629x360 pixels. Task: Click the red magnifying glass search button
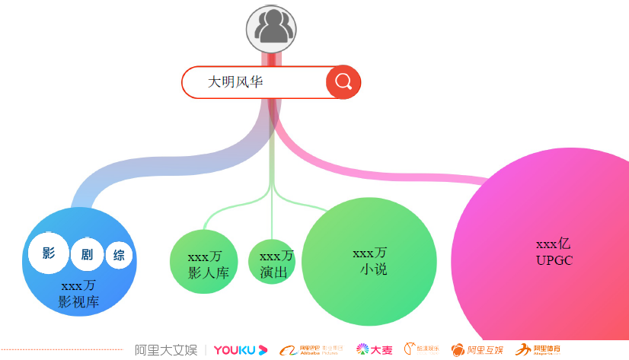point(343,82)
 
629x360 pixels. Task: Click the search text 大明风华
point(236,81)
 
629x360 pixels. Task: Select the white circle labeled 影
point(49,253)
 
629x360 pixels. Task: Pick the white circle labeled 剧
point(86,255)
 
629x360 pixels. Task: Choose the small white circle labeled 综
point(119,256)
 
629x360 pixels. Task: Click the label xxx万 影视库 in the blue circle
point(78,294)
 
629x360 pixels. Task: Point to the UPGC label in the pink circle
point(554,260)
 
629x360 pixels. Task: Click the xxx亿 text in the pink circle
point(554,244)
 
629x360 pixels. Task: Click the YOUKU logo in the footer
point(241,350)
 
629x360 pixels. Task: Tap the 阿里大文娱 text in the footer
point(165,350)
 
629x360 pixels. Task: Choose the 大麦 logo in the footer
point(375,350)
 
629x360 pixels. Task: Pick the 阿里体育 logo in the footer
point(538,350)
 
